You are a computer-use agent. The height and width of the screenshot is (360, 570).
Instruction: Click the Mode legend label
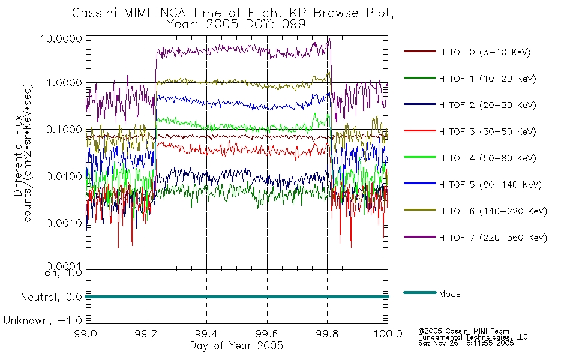[449, 294]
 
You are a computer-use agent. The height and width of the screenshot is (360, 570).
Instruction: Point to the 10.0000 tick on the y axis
[61, 38]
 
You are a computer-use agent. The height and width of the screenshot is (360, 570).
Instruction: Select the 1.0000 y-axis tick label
[64, 83]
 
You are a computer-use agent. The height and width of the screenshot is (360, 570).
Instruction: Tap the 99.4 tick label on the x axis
[206, 334]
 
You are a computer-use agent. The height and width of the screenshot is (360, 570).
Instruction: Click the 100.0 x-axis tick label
[388, 334]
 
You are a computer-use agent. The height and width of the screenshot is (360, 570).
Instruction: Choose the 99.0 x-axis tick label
[85, 334]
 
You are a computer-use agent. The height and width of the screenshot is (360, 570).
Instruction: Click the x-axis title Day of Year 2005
[236, 346]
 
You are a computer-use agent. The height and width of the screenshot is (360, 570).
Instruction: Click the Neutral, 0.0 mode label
[51, 298]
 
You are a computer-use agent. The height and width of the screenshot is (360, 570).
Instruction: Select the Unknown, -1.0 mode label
[43, 321]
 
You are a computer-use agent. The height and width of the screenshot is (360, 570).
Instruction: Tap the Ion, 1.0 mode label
[62, 273]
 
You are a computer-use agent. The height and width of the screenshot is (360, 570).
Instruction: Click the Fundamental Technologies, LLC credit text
[473, 337]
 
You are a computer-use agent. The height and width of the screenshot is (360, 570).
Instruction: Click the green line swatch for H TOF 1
[420, 78]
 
